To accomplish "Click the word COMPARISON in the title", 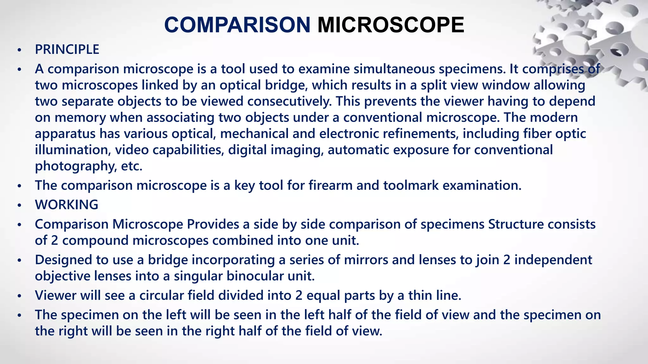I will pyautogui.click(x=237, y=25).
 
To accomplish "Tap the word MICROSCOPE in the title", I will pyautogui.click(x=391, y=25).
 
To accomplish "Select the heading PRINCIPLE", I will pyautogui.click(x=67, y=50).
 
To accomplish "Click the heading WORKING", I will pyautogui.click(x=66, y=205).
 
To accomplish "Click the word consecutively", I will pyautogui.click(x=289, y=101).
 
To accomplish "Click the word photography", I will pyautogui.click(x=76, y=166).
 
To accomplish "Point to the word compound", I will pyautogui.click(x=96, y=240).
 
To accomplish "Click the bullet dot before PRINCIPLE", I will pyautogui.click(x=20, y=50).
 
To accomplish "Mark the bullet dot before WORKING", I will pyautogui.click(x=20, y=205).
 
